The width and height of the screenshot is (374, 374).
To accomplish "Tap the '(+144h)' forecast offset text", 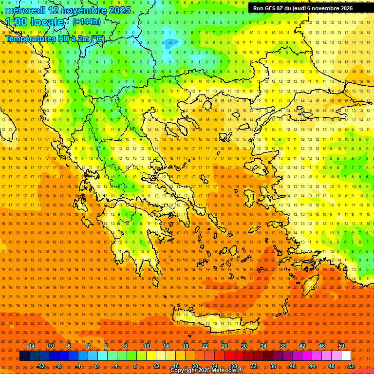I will pyautogui.click(x=87, y=21).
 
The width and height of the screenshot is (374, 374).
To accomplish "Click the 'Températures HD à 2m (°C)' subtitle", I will pyautogui.click(x=55, y=38).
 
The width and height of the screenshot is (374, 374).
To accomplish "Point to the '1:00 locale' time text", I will pyautogui.click(x=35, y=22).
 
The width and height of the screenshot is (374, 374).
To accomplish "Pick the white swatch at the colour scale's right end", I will pyautogui.click(x=346, y=356).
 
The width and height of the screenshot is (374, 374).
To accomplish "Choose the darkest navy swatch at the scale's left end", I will pyautogui.click(x=24, y=356).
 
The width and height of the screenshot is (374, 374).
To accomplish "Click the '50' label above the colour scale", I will pyautogui.click(x=341, y=346).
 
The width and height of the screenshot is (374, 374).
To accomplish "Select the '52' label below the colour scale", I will pyautogui.click(x=351, y=366).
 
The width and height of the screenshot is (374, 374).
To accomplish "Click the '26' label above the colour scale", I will pyautogui.click(x=224, y=346).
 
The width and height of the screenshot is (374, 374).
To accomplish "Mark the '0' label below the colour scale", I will pyautogui.click(x=96, y=366).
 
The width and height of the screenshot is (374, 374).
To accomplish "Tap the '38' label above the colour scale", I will pyautogui.click(x=283, y=346).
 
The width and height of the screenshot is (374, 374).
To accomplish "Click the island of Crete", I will pyautogui.click(x=214, y=321).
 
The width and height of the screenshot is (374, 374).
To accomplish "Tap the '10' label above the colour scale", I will pyautogui.click(x=147, y=346).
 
